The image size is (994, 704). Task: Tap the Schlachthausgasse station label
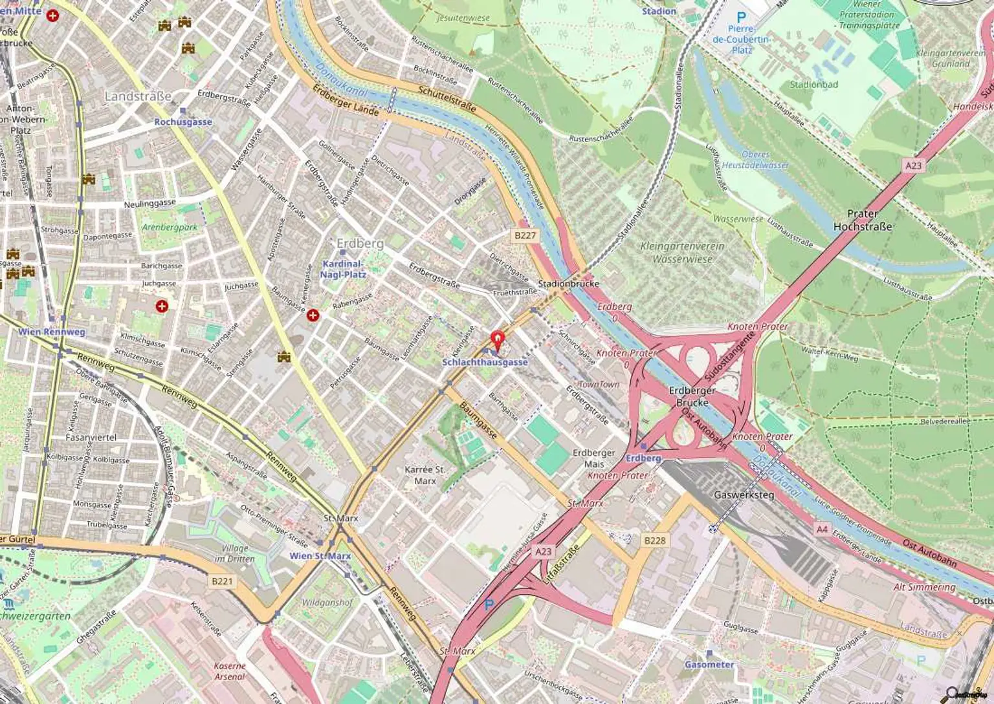click(x=485, y=363)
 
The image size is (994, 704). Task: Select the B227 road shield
click(x=525, y=235)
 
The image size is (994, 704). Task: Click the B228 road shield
click(x=654, y=540)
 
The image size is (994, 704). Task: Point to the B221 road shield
click(x=222, y=581)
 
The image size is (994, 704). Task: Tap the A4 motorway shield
click(x=822, y=529)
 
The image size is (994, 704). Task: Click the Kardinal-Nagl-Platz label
click(x=343, y=269)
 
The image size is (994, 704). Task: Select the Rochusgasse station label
click(x=183, y=122)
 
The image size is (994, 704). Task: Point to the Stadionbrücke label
click(x=569, y=284)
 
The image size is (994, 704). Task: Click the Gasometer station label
click(x=709, y=665)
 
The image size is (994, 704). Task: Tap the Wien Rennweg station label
click(x=52, y=332)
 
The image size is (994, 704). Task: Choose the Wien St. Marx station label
click(x=320, y=556)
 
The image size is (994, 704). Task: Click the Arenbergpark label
click(x=170, y=228)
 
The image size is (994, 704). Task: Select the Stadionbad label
click(x=813, y=85)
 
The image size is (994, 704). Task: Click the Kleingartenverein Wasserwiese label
click(x=682, y=253)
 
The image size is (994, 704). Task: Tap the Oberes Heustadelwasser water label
click(x=755, y=160)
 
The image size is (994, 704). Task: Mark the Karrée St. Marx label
click(x=425, y=475)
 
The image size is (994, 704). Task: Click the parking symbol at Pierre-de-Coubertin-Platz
click(x=741, y=18)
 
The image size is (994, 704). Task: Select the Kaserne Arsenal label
click(x=230, y=671)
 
